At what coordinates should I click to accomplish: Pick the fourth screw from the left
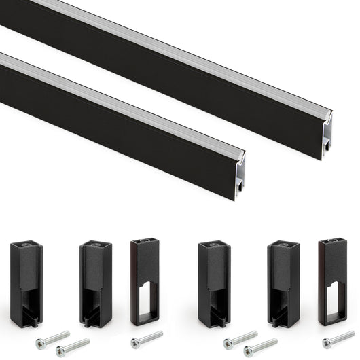click(x=241, y=338)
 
